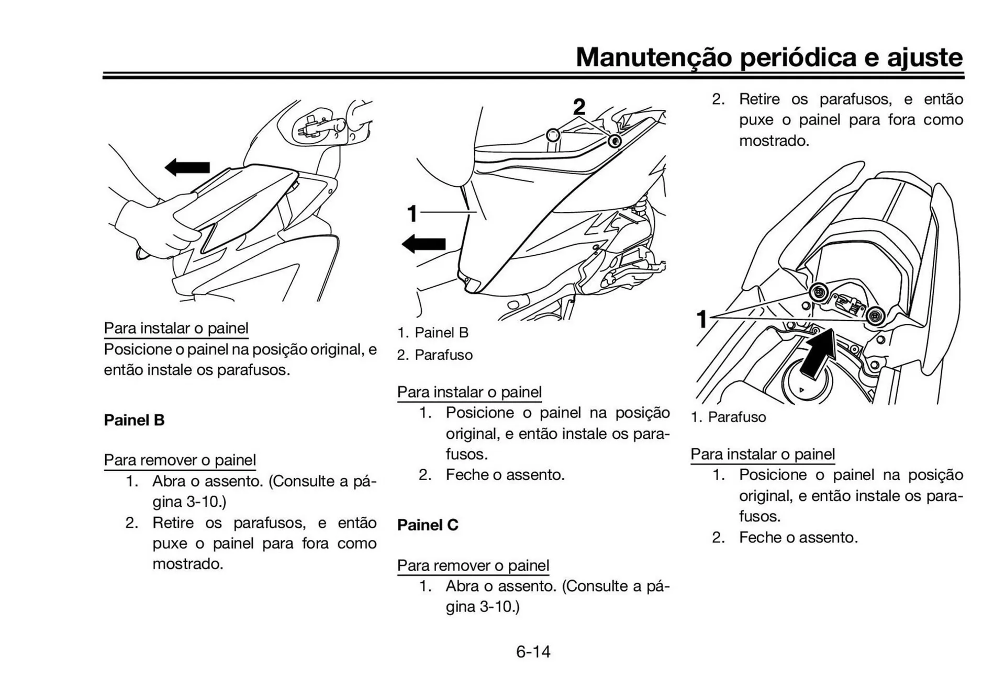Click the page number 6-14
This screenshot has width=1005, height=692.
click(x=533, y=652)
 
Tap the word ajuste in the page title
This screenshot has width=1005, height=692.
click(x=924, y=58)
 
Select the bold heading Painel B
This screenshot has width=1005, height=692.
click(x=134, y=420)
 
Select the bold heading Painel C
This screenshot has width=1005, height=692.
click(x=428, y=525)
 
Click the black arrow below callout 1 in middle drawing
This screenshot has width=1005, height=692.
click(x=424, y=244)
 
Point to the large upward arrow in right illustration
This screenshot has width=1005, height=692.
click(x=820, y=353)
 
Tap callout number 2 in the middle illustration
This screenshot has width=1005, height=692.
click(x=578, y=107)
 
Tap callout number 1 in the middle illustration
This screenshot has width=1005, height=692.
click(x=412, y=213)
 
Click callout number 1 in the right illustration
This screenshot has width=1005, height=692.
click(x=702, y=319)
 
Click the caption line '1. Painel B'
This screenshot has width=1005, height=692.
click(x=432, y=333)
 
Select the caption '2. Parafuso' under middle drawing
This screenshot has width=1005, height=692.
click(x=434, y=355)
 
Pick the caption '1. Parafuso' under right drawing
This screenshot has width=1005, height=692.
click(x=728, y=417)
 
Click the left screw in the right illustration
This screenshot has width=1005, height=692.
click(x=818, y=292)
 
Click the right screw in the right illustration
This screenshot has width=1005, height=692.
click(x=875, y=315)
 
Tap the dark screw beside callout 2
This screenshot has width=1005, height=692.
click(x=615, y=140)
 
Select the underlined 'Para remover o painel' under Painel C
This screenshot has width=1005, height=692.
click(x=473, y=565)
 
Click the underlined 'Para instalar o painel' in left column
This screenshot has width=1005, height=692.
click(x=176, y=328)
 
